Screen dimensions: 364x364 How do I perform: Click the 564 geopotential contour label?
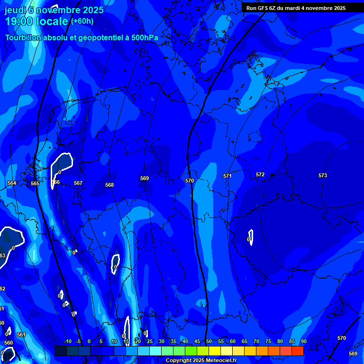(x=12, y=183)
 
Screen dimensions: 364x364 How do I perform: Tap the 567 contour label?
(x=78, y=183)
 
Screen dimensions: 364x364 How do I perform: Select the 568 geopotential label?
(x=109, y=185)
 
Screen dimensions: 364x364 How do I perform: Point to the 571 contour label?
(x=227, y=176)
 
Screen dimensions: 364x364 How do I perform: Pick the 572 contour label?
(x=260, y=174)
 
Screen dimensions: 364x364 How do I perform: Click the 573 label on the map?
(x=323, y=175)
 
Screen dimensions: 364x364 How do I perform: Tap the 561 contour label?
(x=21, y=335)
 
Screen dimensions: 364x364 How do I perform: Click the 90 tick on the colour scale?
(x=303, y=341)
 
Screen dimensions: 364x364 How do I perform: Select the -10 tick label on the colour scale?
(x=68, y=341)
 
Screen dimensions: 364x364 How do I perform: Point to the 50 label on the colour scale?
(x=209, y=341)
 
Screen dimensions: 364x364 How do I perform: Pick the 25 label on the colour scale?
(x=149, y=341)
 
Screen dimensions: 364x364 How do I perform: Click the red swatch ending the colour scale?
(x=298, y=351)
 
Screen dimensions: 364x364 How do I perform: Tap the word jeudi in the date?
(x=16, y=10)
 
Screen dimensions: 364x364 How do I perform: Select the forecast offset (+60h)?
(x=82, y=21)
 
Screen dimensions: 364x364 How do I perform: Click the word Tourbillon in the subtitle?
(x=24, y=37)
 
